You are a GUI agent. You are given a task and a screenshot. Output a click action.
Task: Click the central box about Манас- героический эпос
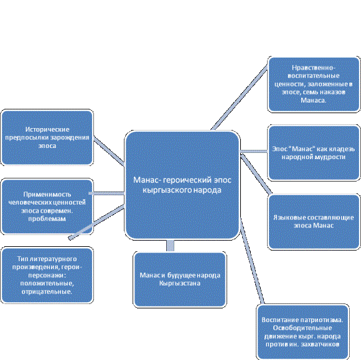pos(182,185)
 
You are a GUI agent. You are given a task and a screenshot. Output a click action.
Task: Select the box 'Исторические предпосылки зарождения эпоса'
pos(47,137)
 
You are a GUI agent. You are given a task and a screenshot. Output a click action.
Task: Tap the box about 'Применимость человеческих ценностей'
pos(47,206)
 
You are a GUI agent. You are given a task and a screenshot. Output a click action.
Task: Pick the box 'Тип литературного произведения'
pos(47,275)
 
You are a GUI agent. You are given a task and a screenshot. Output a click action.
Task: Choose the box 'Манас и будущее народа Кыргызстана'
pos(180,280)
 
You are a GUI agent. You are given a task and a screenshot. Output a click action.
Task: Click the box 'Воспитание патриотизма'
pos(302,331)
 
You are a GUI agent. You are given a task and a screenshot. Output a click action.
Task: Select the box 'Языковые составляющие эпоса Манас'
pos(314,221)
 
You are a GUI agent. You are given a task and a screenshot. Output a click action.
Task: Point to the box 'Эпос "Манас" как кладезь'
pos(314,153)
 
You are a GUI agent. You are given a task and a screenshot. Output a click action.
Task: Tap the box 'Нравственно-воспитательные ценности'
pos(314,84)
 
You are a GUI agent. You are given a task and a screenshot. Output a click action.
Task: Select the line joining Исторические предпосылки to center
pos(109,151)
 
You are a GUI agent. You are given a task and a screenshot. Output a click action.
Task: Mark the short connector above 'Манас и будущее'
pos(171,246)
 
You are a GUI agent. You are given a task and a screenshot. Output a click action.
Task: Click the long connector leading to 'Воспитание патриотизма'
pos(252,261)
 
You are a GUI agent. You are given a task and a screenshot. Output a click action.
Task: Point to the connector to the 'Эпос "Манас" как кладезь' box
pos(254,151)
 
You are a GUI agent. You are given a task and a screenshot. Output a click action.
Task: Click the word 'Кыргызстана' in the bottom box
pos(180,284)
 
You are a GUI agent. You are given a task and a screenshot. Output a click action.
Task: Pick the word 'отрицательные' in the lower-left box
pos(47,292)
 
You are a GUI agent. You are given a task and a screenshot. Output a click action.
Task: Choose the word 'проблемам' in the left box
pos(47,218)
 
